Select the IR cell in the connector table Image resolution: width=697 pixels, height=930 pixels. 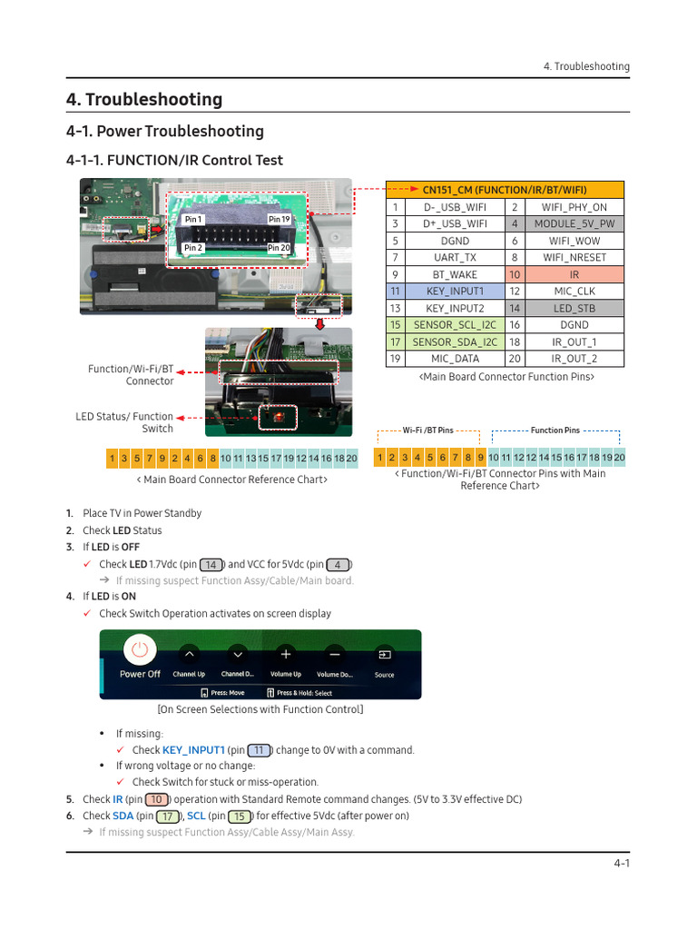(x=574, y=274)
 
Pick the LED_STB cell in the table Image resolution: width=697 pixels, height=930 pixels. (x=574, y=309)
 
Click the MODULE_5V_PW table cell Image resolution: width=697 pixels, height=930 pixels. (x=574, y=223)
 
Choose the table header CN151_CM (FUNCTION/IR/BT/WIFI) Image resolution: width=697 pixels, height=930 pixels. (x=505, y=190)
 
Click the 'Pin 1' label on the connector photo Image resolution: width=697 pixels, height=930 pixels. (x=193, y=220)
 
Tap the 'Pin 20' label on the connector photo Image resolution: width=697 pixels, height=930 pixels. (x=279, y=248)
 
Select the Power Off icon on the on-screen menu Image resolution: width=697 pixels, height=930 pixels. (x=139, y=651)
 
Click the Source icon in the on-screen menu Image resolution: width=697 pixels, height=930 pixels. (x=385, y=654)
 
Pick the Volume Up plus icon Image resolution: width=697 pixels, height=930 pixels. (x=285, y=654)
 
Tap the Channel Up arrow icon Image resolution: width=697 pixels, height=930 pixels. (x=189, y=654)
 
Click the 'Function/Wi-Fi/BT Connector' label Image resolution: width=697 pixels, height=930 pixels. (x=131, y=375)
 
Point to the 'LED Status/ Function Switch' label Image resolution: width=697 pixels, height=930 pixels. (x=124, y=422)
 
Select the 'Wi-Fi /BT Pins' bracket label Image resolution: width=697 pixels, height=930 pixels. (x=427, y=430)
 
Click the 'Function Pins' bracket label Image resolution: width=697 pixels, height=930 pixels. (x=555, y=430)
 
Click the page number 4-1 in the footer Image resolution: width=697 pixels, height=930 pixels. (x=621, y=864)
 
